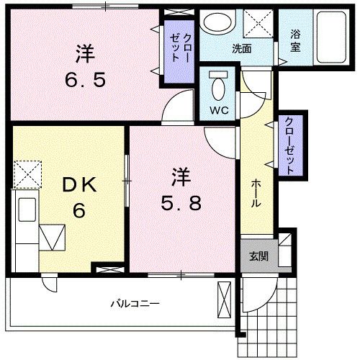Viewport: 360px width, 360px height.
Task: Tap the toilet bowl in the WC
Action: click(217, 89)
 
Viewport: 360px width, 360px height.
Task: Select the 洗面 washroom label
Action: click(241, 49)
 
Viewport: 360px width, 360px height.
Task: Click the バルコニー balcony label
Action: click(135, 302)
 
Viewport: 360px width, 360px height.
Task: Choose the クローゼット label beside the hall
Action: click(289, 146)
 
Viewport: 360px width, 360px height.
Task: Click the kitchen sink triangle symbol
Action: click(53, 237)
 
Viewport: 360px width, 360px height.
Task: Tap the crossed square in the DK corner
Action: click(27, 173)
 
